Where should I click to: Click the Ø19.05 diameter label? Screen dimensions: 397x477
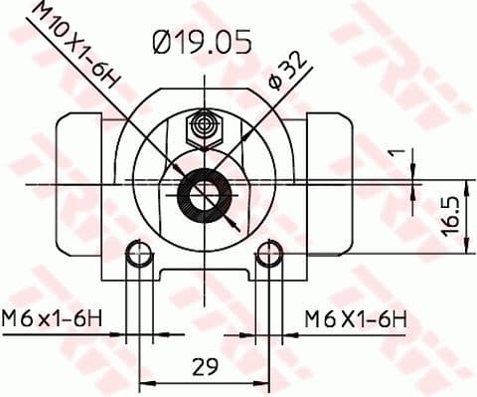[x=202, y=42]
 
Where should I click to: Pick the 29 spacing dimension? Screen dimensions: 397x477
[x=205, y=366]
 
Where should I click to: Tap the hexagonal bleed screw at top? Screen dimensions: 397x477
[x=206, y=126]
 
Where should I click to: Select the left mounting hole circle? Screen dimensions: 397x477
[x=138, y=256]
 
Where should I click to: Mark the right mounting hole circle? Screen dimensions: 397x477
[x=268, y=256]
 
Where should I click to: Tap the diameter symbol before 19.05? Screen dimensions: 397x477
[x=163, y=42]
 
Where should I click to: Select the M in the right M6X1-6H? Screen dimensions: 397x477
[x=313, y=319]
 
